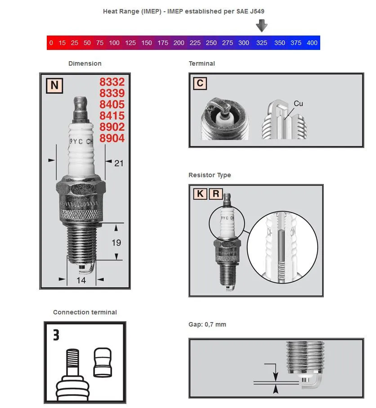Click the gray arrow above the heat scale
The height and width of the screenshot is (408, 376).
(261, 26)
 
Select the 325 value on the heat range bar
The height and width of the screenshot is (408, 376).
(261, 43)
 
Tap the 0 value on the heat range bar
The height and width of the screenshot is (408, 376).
(51, 43)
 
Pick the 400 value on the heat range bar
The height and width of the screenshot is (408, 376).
(312, 43)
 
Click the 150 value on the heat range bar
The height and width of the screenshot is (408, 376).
(147, 43)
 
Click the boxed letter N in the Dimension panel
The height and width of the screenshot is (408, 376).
(54, 85)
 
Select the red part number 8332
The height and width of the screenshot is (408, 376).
(112, 82)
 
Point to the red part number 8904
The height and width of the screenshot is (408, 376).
(112, 138)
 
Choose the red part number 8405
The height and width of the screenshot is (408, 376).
(112, 105)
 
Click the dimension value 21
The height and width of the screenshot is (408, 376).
(118, 163)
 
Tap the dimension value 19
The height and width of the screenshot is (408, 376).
(116, 242)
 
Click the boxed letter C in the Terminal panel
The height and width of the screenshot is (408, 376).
(200, 84)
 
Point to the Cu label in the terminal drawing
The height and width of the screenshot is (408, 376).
(298, 103)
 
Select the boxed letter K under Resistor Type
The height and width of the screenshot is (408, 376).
(200, 194)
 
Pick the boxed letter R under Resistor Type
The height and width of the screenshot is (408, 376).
(216, 194)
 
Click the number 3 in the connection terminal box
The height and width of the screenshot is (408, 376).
(56, 335)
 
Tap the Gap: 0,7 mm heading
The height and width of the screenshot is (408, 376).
(207, 324)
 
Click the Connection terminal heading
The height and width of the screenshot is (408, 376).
(85, 312)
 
